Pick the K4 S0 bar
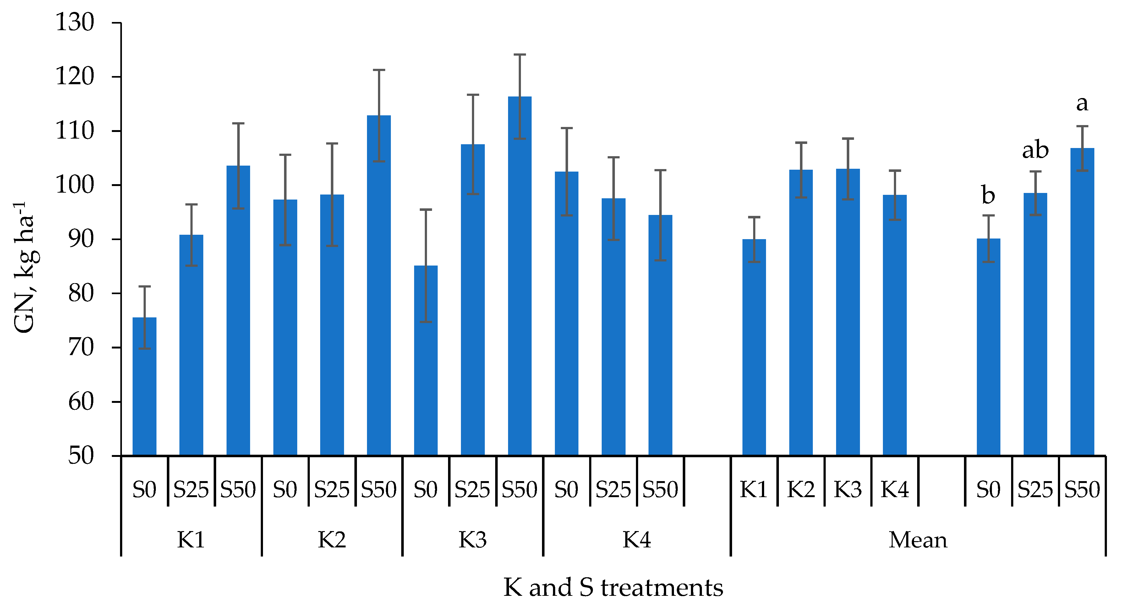point(566,314)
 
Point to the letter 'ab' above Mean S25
point(1035,150)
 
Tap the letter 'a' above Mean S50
point(1082,104)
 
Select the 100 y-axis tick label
point(74,185)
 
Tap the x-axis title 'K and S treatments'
point(613,588)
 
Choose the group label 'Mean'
point(918,540)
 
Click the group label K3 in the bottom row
point(473,540)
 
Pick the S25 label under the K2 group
point(331,490)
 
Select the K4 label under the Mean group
point(895,490)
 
